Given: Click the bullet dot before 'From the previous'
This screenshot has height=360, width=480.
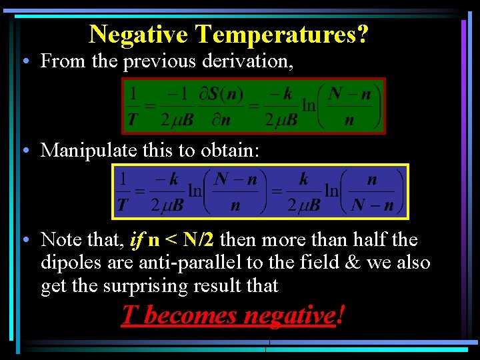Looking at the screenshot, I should click(24, 61).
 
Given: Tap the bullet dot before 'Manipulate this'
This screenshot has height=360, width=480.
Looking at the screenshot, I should click(24, 150).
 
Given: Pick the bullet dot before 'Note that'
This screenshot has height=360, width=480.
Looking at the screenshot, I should click(24, 239).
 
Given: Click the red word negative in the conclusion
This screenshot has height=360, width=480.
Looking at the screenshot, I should click(287, 315).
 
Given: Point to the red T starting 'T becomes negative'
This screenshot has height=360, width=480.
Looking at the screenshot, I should click(129, 315).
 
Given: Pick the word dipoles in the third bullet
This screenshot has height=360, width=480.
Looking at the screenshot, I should click(72, 263).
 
